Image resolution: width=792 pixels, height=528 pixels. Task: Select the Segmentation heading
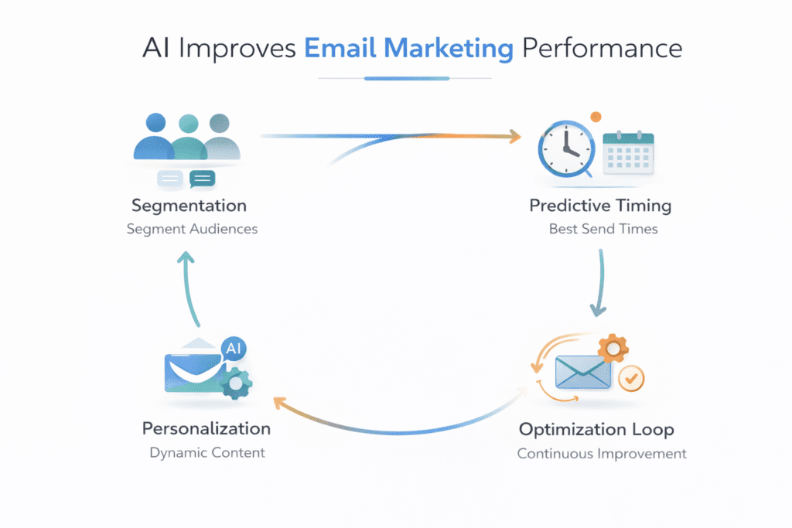point(189,206)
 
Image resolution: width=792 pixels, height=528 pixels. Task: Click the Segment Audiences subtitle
point(192,229)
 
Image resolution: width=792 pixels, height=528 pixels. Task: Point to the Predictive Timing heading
point(600,206)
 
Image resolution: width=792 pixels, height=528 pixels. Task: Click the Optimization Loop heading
point(596,429)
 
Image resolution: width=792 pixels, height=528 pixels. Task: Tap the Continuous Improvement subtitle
point(602,453)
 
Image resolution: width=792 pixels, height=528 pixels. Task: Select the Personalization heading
point(207,428)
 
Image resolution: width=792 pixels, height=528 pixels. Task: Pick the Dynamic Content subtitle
point(207,452)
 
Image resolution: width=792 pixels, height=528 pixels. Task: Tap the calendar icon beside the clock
point(627,151)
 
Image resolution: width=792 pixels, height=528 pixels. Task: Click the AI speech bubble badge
point(233,349)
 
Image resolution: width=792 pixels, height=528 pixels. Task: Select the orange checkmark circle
point(632,379)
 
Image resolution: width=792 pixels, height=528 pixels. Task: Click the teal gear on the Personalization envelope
point(236,382)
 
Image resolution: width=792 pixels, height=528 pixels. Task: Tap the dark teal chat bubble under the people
point(202,179)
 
